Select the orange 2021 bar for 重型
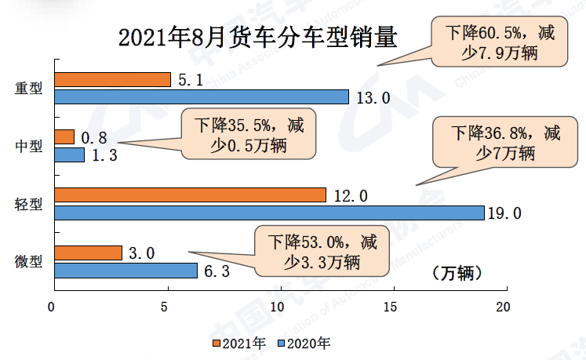(x=112, y=79)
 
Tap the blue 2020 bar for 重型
(x=202, y=96)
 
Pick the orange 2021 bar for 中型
(x=64, y=137)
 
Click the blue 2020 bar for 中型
(x=69, y=155)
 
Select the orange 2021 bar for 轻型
(x=190, y=195)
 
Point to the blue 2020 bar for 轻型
(x=269, y=213)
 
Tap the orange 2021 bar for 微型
(x=88, y=253)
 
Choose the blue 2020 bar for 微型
(x=126, y=270)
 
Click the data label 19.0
(x=506, y=213)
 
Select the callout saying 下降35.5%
(x=249, y=134)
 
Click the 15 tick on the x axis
(x=393, y=307)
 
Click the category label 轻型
(x=29, y=204)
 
